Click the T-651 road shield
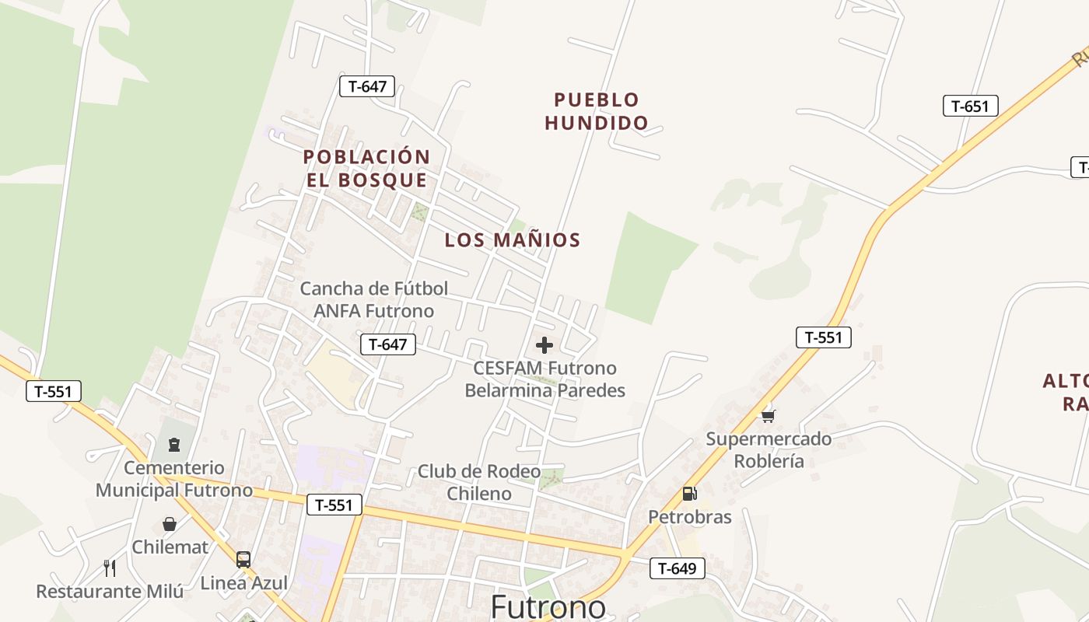coord(970,107)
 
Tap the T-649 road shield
coord(677,568)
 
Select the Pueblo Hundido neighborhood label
coord(596,111)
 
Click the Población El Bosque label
coord(366,169)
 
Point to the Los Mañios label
coord(513,240)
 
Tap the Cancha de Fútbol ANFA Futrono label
coord(373,300)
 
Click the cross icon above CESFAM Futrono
coord(544,345)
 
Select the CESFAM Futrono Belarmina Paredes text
coord(544,379)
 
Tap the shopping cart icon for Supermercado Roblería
coord(768,416)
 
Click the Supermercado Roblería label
coord(769,449)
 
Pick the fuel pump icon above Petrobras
coord(688,494)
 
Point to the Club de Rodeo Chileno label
coord(479,482)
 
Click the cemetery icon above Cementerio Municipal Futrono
coord(174,445)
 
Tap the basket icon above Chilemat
coord(170,525)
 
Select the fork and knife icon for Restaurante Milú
coord(110,568)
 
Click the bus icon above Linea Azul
coord(243,559)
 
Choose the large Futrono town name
coord(548,606)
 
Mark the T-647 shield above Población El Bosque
coord(367,86)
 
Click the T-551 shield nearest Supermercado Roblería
coord(824,337)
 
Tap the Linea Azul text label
coord(244,583)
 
